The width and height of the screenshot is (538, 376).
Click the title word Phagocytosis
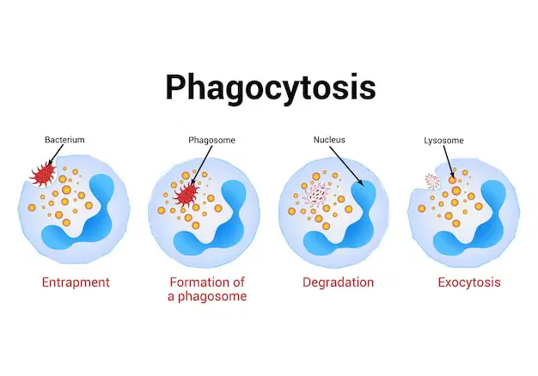pos(271,88)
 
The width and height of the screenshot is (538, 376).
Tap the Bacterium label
pos(64,140)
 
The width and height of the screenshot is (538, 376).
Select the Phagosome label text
pos(211,140)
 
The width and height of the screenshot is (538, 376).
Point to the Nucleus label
pos(329,140)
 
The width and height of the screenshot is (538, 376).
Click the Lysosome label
pos(443,141)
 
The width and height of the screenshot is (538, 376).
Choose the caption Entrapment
pos(76,282)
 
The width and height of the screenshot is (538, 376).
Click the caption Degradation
pos(339,282)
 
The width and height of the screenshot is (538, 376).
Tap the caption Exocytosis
pos(469,282)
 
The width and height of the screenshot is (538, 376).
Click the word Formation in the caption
pos(194,282)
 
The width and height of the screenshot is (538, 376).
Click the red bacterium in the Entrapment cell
pos(44,174)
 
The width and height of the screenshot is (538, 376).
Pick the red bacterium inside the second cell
pos(186,196)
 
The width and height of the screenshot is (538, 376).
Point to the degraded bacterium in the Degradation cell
pos(316,195)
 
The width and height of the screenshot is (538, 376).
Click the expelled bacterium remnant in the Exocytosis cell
pos(432,181)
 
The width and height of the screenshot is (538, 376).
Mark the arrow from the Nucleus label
pos(346,166)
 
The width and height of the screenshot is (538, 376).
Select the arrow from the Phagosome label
pos(202,165)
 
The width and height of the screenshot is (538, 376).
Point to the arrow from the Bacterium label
pos(56,155)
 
